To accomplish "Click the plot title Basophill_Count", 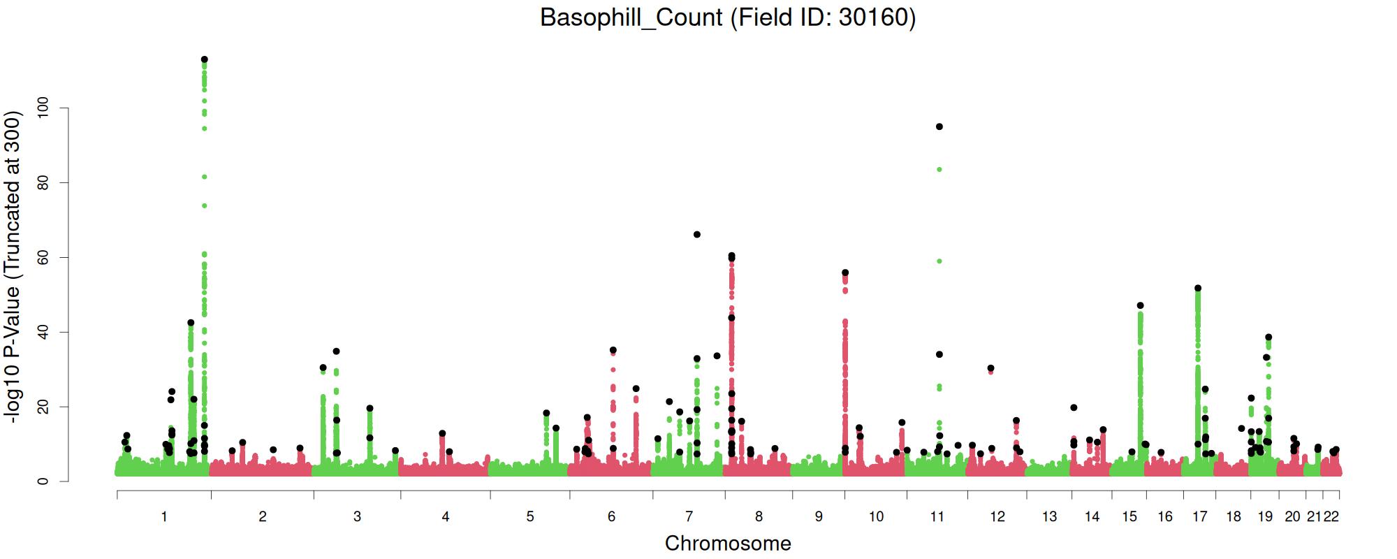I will (727, 17).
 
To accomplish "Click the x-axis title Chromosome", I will (728, 544).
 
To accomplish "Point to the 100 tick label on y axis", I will (43, 108).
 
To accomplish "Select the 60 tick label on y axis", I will (43, 257).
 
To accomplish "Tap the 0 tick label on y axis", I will (43, 481).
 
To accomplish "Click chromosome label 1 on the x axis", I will (164, 517).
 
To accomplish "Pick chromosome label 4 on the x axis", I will (446, 517).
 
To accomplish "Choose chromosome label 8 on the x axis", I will (759, 517).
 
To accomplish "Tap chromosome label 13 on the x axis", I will (1049, 517).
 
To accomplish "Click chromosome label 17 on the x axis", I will (1200, 517).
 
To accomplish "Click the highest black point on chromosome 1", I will (204, 59).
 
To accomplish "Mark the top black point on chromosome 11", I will (939, 126).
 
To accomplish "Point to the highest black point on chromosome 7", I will (697, 234).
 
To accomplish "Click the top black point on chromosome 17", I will (1198, 288).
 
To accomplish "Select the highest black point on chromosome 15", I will (1141, 305).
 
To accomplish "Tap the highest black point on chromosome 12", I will (990, 368).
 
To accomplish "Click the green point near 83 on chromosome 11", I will (939, 169).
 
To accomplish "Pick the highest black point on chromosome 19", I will (1268, 337).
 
